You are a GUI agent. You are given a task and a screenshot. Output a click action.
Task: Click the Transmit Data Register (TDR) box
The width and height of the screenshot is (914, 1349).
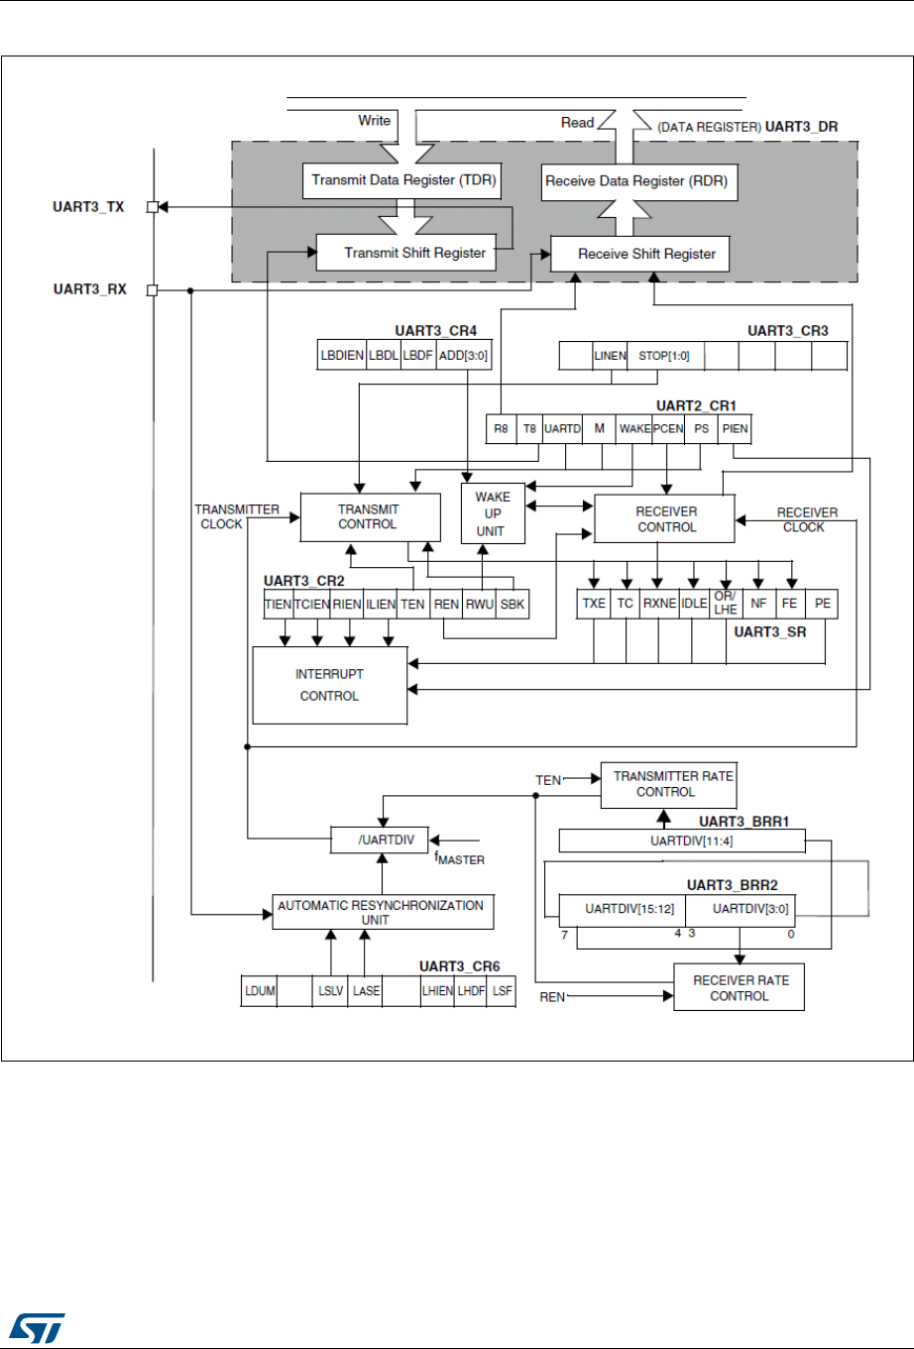pos(403,180)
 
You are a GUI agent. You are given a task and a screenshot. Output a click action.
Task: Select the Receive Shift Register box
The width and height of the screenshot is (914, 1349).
pos(640,254)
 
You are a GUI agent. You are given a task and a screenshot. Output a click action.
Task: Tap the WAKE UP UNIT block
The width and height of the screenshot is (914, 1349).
pos(493,513)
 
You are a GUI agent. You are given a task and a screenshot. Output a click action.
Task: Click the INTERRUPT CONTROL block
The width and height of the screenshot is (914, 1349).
pos(329,685)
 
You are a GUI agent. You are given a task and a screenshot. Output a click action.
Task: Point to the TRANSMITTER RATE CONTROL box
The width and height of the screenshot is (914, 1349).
pos(673,784)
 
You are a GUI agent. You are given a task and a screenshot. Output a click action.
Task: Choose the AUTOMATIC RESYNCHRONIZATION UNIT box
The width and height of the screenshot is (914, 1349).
pos(383,912)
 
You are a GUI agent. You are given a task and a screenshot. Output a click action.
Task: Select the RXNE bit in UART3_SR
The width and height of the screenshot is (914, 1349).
pos(658,603)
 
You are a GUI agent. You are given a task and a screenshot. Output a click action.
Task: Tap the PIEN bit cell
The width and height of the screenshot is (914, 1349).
pos(735,428)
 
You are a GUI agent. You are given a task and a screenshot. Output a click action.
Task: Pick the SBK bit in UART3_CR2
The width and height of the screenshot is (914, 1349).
pos(513,604)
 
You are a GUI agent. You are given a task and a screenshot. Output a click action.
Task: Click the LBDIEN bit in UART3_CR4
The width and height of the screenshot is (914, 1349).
pos(341,356)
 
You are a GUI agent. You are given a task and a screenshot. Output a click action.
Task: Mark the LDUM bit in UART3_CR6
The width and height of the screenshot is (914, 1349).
pos(259,991)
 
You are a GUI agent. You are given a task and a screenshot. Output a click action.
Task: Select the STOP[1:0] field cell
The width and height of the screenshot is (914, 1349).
pos(665,356)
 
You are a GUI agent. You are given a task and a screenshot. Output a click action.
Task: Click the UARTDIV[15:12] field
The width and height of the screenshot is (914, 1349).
pos(622,909)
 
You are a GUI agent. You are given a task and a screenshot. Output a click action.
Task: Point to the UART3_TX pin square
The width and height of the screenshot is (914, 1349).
pos(153,207)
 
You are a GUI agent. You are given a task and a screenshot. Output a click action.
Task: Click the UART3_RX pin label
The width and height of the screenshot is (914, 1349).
pos(90,290)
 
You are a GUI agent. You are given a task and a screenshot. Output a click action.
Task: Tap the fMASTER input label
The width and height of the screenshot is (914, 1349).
pos(460,857)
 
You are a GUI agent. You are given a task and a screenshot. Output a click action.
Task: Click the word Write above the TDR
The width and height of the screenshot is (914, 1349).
pos(374,121)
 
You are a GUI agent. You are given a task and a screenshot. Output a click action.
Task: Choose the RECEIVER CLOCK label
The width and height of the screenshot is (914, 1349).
pos(806,519)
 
